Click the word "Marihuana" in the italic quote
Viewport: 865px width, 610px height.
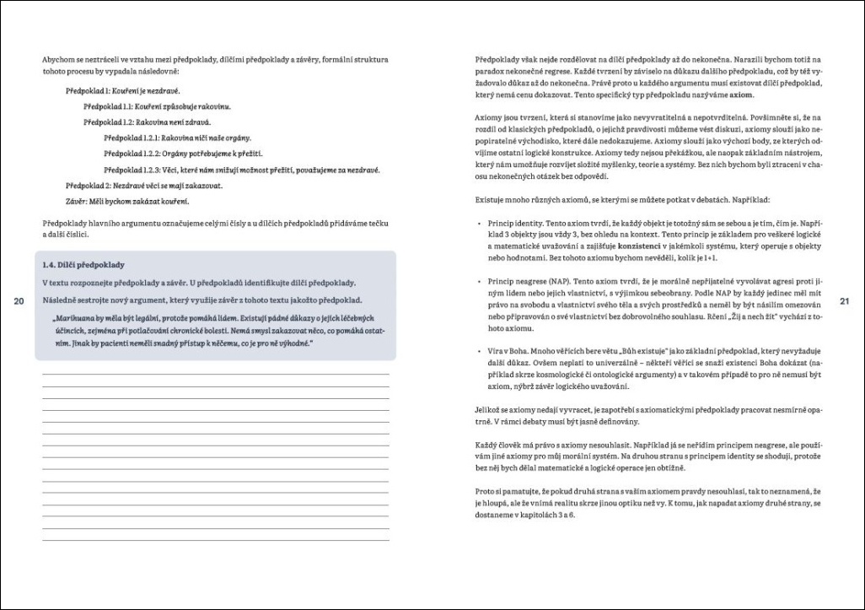(73, 319)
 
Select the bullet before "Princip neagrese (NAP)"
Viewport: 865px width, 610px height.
(478, 279)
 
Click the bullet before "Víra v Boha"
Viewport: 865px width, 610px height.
(478, 359)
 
